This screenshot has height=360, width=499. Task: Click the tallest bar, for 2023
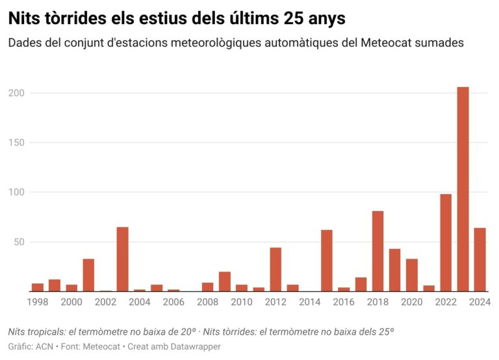tap(463, 189)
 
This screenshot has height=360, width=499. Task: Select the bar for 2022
tap(446, 242)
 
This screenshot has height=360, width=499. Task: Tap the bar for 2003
tap(122, 259)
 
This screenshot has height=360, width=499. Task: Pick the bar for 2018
tap(378, 251)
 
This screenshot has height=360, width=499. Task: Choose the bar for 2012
tap(275, 269)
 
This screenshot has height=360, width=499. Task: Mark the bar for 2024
tap(480, 259)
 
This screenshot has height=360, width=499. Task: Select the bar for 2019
tap(395, 270)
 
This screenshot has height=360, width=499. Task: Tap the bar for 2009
tap(225, 281)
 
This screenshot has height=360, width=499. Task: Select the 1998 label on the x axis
tap(38, 302)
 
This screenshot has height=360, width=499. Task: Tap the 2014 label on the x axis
tap(310, 302)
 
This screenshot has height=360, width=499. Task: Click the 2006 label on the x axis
tap(173, 302)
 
